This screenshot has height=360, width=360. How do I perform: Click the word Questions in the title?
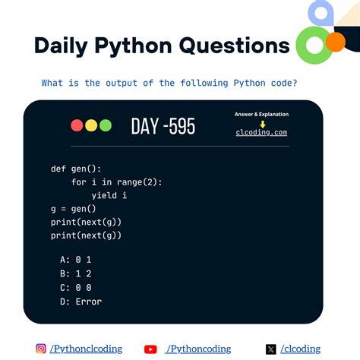pyautogui.click(x=234, y=46)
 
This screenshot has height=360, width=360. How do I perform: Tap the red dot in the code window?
pyautogui.click(x=77, y=125)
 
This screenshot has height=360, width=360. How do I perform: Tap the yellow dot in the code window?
pyautogui.click(x=91, y=125)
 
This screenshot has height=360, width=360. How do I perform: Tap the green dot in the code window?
pyautogui.click(x=105, y=125)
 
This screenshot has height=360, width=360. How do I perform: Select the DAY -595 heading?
pyautogui.click(x=163, y=126)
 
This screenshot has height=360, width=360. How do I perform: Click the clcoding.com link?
pyautogui.click(x=261, y=132)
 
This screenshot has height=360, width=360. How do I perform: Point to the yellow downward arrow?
pyautogui.click(x=262, y=123)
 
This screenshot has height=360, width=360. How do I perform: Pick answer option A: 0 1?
pyautogui.click(x=77, y=260)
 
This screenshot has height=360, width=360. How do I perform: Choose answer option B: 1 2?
pyautogui.click(x=77, y=273)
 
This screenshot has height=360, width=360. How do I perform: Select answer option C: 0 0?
pyautogui.click(x=77, y=288)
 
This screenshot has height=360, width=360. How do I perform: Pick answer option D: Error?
pyautogui.click(x=81, y=302)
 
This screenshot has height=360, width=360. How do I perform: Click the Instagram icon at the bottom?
pyautogui.click(x=41, y=349)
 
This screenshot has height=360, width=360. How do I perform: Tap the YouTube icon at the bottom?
pyautogui.click(x=150, y=349)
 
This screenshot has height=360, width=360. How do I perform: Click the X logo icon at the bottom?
pyautogui.click(x=271, y=349)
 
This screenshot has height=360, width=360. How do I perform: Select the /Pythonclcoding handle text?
pyautogui.click(x=86, y=349)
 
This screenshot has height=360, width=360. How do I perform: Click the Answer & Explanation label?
pyautogui.click(x=261, y=114)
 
